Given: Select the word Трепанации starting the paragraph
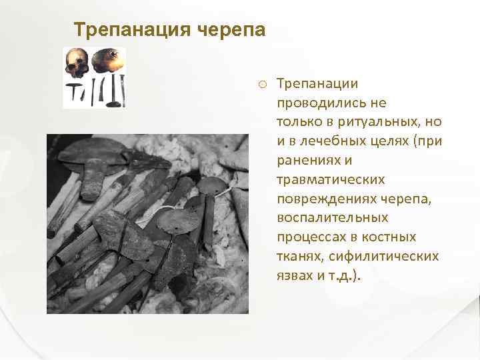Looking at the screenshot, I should click(317, 84).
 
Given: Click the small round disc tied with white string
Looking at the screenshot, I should click(211, 186).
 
